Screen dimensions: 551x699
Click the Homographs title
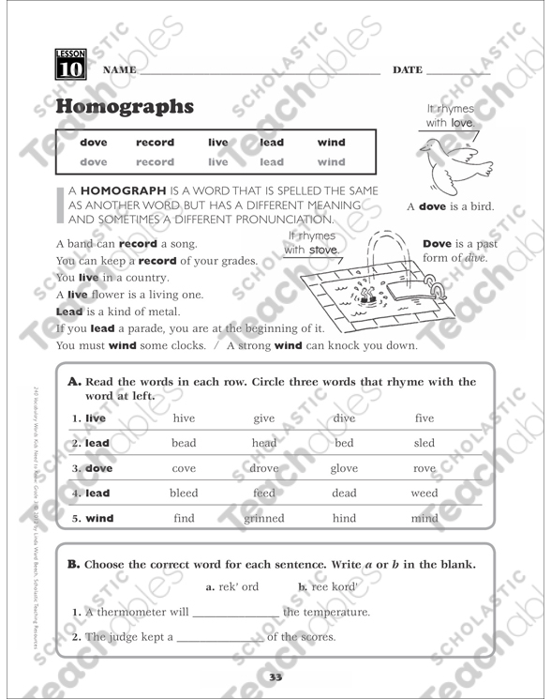[125, 106]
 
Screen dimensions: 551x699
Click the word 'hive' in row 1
[184, 418]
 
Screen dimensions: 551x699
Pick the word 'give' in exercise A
[264, 418]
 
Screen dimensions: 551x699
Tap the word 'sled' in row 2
[424, 443]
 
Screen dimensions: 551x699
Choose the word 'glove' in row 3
[344, 467]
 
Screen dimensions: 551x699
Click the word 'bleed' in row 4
[184, 493]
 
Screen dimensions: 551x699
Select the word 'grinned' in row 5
[264, 517]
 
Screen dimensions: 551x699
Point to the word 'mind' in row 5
[424, 517]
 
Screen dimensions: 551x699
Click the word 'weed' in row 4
[424, 493]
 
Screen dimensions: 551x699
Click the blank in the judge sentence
[220, 639]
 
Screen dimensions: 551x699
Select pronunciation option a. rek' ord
[231, 587]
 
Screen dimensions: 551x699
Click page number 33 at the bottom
[275, 677]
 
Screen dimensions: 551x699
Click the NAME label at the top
[119, 70]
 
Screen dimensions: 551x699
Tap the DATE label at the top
[408, 70]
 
